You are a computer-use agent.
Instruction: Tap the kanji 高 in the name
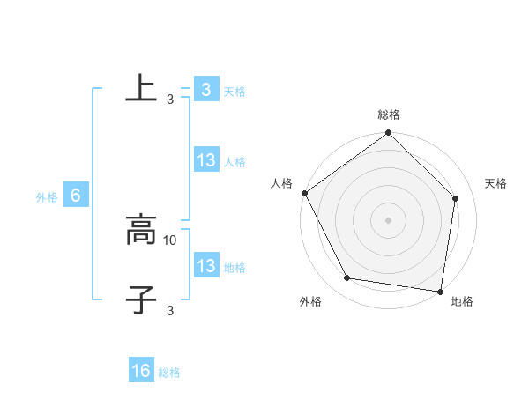[x=140, y=232]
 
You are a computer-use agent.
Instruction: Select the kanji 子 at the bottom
[x=140, y=300]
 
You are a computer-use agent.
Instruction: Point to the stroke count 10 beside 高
[x=171, y=240]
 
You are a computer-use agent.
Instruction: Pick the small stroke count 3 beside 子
[x=169, y=310]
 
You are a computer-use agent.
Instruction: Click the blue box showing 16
[x=141, y=371]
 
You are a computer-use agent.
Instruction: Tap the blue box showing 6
[x=76, y=196]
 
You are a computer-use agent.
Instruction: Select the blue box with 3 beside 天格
[x=205, y=89]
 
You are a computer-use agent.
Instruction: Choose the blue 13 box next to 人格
[x=205, y=160]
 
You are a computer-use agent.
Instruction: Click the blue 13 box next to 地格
[x=205, y=266]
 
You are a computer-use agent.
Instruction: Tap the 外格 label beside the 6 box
[x=47, y=197]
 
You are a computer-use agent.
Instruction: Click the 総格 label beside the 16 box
[x=170, y=373]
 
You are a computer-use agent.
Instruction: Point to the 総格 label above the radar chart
[x=389, y=115]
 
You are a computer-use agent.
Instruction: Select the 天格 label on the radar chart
[x=496, y=183]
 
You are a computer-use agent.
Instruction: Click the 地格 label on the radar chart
[x=462, y=302]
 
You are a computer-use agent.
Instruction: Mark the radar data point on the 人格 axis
[x=305, y=193]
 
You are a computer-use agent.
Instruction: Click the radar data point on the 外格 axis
[x=347, y=278]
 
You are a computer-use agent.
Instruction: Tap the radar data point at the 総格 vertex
[x=389, y=134]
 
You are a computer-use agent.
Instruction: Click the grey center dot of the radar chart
[x=389, y=219]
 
